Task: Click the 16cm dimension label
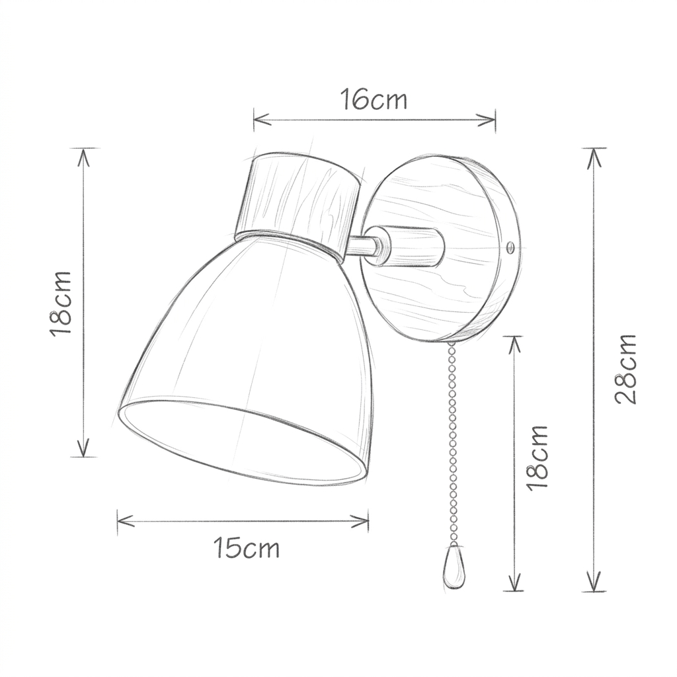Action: point(374,100)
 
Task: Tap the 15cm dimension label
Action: point(247,549)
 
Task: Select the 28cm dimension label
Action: point(625,369)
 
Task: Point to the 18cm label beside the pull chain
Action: point(537,456)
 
